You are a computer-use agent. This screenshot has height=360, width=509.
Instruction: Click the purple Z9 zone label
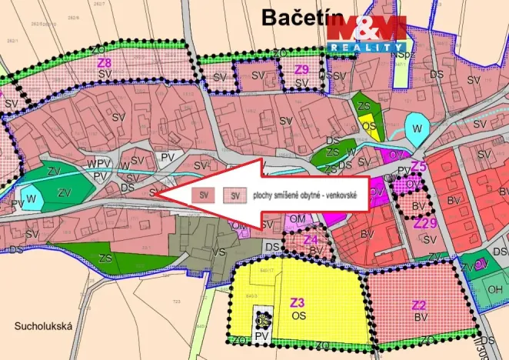(x=301, y=69)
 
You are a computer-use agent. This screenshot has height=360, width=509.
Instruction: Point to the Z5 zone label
(x=418, y=166)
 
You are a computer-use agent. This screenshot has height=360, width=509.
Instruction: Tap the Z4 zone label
(x=311, y=239)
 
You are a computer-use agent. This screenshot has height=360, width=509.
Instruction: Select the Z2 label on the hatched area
(x=419, y=304)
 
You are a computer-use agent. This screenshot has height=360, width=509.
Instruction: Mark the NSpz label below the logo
(x=398, y=54)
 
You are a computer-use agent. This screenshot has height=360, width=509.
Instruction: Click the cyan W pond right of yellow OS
(x=416, y=128)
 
